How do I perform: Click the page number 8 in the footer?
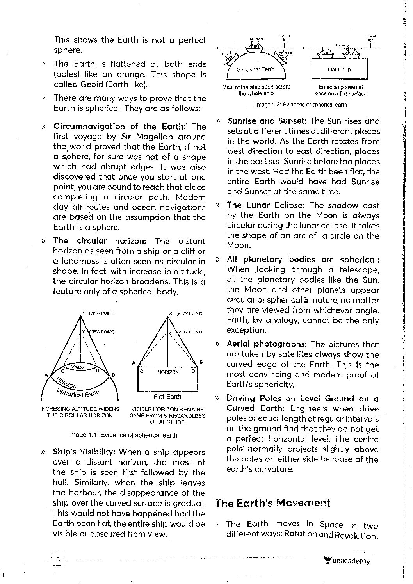[x=58, y=559]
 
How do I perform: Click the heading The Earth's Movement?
[x=272, y=503]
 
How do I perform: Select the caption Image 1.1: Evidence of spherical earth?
[x=123, y=435]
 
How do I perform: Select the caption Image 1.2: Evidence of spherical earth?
[x=301, y=105]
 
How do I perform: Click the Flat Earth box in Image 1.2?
[x=339, y=69]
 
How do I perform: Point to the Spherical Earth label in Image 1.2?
[x=256, y=69]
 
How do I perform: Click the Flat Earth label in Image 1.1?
[x=167, y=397]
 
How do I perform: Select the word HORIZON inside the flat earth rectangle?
[x=168, y=372]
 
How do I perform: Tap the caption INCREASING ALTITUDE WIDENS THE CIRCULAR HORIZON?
[x=80, y=412]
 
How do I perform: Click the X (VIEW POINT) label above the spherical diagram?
[x=98, y=313]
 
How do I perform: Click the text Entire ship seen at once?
[x=340, y=90]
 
